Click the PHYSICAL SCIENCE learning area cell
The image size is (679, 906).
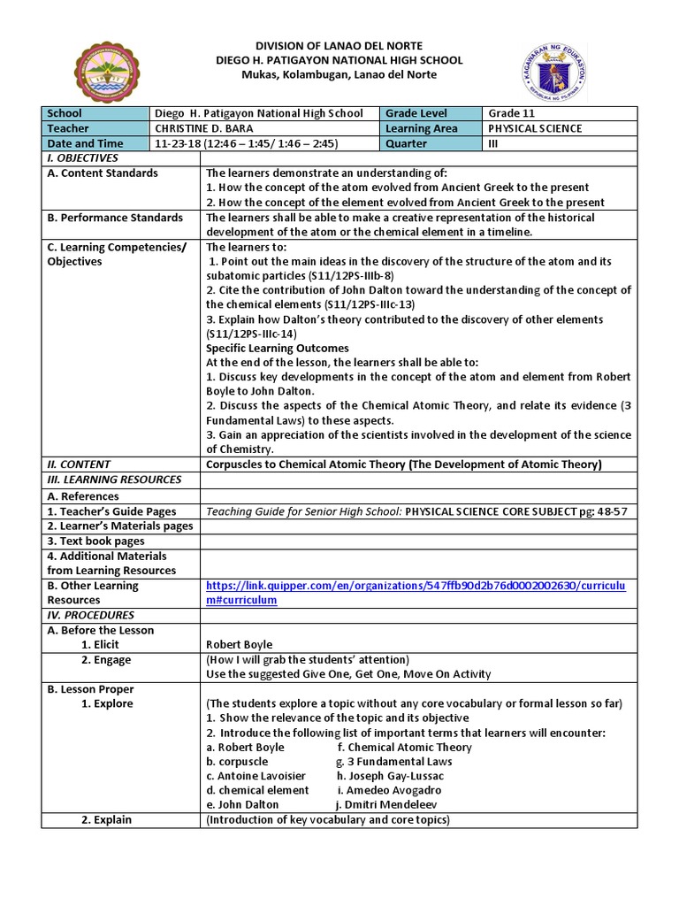pyautogui.click(x=535, y=128)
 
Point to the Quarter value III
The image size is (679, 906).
pyautogui.click(x=494, y=143)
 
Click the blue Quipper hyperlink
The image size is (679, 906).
pyautogui.click(x=416, y=592)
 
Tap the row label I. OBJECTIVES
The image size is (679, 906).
pyautogui.click(x=78, y=157)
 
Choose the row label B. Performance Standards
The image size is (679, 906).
pyautogui.click(x=115, y=218)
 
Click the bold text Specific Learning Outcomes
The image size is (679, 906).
pyautogui.click(x=277, y=349)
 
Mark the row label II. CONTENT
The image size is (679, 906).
pyautogui.click(x=78, y=465)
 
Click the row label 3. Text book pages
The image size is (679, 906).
pyautogui.click(x=95, y=541)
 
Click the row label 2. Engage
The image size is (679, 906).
pyautogui.click(x=106, y=660)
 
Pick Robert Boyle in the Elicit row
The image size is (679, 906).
pyautogui.click(x=239, y=645)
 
